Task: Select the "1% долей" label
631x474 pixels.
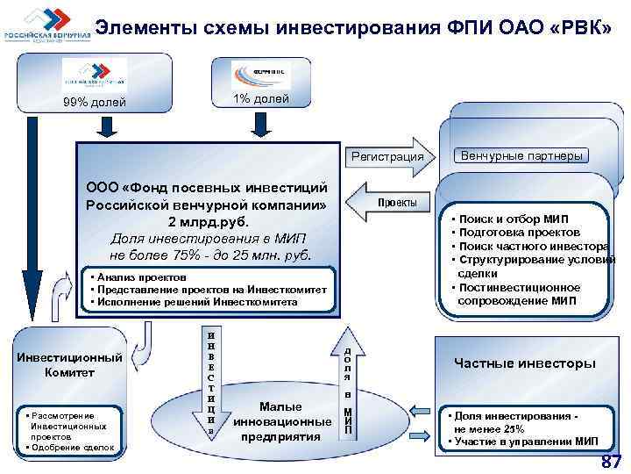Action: click(x=260, y=98)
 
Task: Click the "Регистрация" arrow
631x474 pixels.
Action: click(x=387, y=157)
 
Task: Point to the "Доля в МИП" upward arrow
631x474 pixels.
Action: click(x=347, y=386)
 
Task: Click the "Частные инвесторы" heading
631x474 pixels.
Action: click(x=524, y=363)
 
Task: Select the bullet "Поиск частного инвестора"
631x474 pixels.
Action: click(x=528, y=246)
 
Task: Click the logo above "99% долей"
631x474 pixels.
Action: click(x=93, y=75)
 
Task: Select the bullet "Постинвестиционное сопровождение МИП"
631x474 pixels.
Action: click(x=517, y=294)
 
